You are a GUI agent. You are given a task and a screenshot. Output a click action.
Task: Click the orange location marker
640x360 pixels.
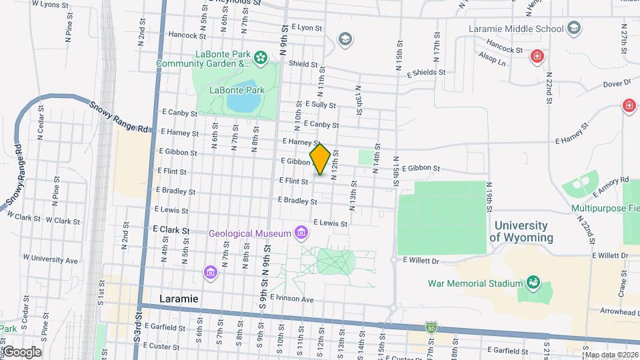pyautogui.click(x=321, y=159)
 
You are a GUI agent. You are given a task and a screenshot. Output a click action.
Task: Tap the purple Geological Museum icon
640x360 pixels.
pyautogui.click(x=301, y=233)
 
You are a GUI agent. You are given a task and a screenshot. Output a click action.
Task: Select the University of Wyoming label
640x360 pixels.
pyautogui.click(x=521, y=232)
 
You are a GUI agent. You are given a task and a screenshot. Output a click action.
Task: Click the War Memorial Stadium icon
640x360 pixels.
pyautogui.click(x=533, y=283)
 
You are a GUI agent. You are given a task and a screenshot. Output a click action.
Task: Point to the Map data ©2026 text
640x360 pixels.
pyautogui.click(x=611, y=355)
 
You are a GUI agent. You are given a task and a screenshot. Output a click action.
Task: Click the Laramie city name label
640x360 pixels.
pyautogui.click(x=179, y=299)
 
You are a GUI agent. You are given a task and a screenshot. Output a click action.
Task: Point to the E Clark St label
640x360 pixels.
pyautogui.click(x=171, y=229)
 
